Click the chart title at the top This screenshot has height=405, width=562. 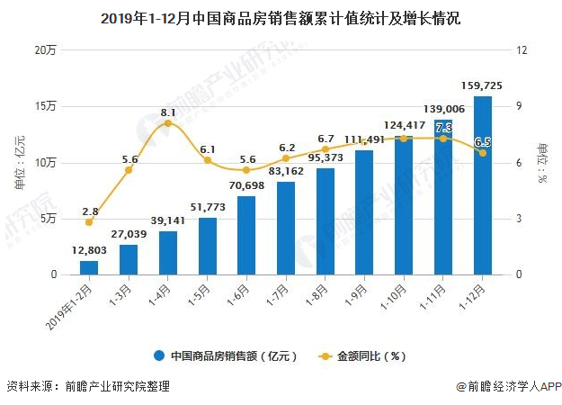[x=281, y=17]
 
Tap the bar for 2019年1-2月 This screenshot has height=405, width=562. [x=88, y=267]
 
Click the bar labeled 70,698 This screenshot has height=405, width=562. [x=246, y=235]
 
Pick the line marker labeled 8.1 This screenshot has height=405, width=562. [x=168, y=122]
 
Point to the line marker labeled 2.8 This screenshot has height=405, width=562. [x=88, y=221]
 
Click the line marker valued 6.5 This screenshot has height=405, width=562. [x=482, y=153]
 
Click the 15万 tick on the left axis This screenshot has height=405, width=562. [x=45, y=106]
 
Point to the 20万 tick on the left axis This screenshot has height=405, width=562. [x=45, y=50]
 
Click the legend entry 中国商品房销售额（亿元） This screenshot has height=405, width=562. [x=225, y=355]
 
